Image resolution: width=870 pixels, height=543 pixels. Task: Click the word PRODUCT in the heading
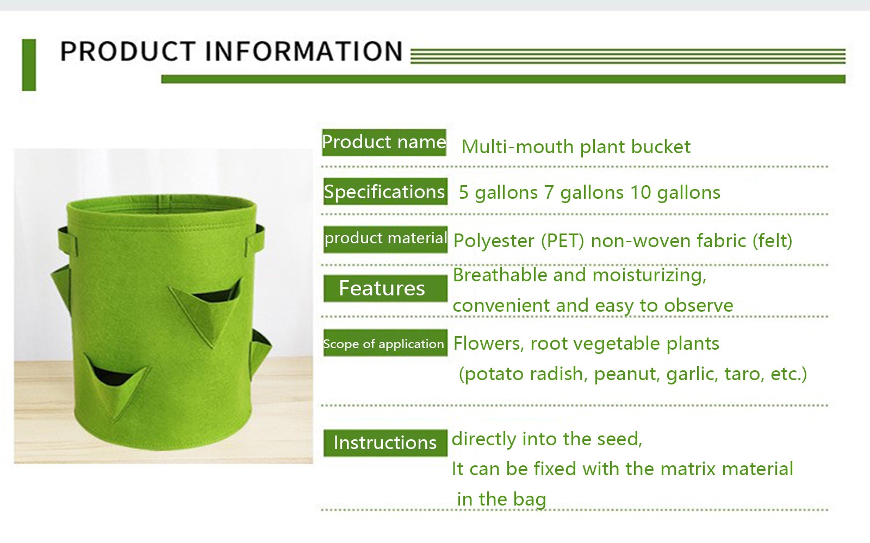pos(127,51)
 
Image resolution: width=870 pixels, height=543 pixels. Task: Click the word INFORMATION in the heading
pos(304,51)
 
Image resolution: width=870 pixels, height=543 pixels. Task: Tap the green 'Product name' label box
pos(384,142)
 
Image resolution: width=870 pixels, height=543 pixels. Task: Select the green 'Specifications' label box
pos(386,191)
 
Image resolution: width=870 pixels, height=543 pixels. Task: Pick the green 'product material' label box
pos(386,239)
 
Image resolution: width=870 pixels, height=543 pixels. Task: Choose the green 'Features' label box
pos(386,288)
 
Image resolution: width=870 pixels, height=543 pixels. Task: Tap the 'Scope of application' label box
pos(386,343)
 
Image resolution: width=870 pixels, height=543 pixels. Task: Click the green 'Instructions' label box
pos(386,443)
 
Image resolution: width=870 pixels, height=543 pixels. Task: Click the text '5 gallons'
pos(498,193)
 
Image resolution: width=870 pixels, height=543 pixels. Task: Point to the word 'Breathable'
pos(500,275)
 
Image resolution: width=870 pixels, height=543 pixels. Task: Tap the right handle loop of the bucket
pos(256,237)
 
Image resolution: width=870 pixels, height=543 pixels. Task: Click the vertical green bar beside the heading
pos(29,65)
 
